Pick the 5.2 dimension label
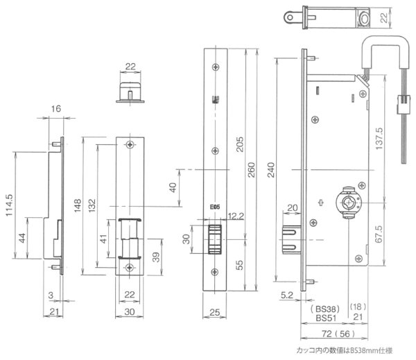286,295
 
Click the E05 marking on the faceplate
215,206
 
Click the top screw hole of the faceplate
215,66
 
